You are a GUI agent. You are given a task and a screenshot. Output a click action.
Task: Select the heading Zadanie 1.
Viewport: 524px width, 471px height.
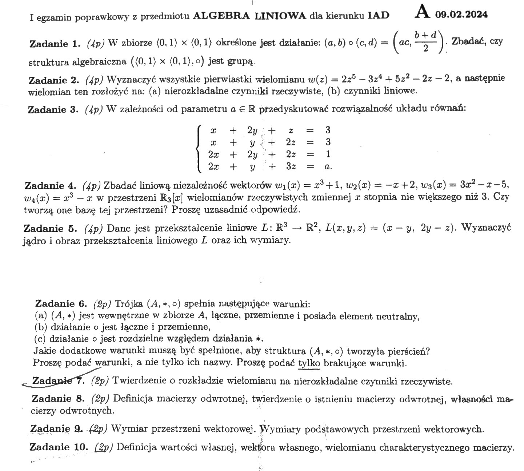click(x=54, y=44)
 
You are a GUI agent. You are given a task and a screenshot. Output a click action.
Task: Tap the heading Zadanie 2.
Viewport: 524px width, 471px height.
click(x=53, y=80)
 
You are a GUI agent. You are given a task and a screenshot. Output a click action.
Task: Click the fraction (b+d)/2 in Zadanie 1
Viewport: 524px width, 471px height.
click(x=426, y=42)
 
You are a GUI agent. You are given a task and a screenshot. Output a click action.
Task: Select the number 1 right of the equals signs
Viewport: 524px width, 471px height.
click(x=328, y=154)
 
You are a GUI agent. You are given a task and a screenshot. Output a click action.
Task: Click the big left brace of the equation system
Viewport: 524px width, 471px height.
click(x=199, y=148)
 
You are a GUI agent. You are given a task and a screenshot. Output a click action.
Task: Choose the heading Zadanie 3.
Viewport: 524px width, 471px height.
click(x=53, y=109)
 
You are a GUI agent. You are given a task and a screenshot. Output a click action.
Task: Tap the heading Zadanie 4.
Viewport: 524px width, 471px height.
click(x=50, y=186)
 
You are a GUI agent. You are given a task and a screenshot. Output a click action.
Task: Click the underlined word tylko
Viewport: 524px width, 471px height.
click(x=309, y=363)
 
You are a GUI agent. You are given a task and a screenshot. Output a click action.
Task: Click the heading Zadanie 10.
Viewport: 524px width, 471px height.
click(x=59, y=447)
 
